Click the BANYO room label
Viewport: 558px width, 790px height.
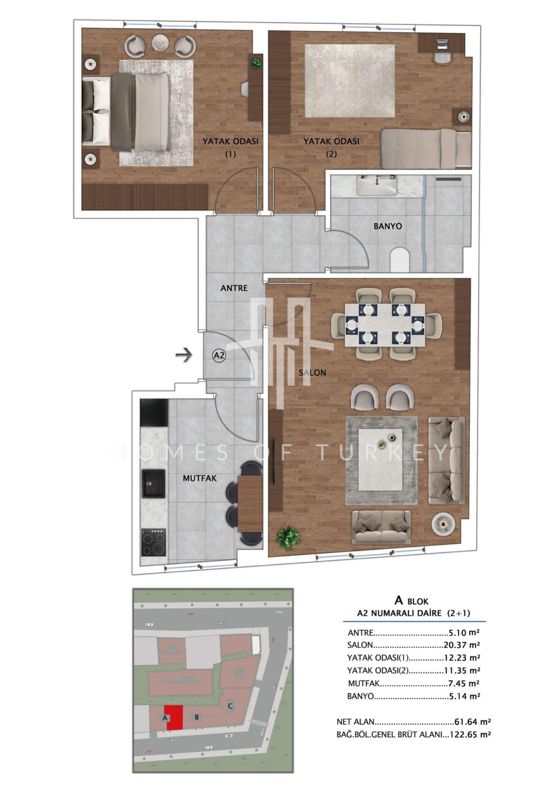tap(388, 226)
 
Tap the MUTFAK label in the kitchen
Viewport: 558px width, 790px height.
tap(200, 478)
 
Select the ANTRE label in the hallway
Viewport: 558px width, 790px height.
tap(234, 288)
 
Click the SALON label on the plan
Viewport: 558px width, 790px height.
tap(313, 373)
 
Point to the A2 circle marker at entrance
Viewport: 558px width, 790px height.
tap(219, 356)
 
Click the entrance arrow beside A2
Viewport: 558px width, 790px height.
tap(184, 355)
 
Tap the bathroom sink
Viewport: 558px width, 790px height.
tap(376, 185)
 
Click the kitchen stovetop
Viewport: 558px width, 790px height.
tap(154, 542)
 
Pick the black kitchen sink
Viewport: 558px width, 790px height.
tap(153, 483)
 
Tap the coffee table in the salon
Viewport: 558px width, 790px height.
tap(381, 460)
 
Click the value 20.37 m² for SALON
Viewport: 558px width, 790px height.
tap(462, 645)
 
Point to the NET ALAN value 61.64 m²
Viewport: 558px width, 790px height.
tap(472, 722)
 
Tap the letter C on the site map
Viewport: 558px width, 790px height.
tap(230, 706)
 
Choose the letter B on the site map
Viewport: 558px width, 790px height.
tap(197, 717)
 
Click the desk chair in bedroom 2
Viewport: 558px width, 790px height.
tap(443, 58)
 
